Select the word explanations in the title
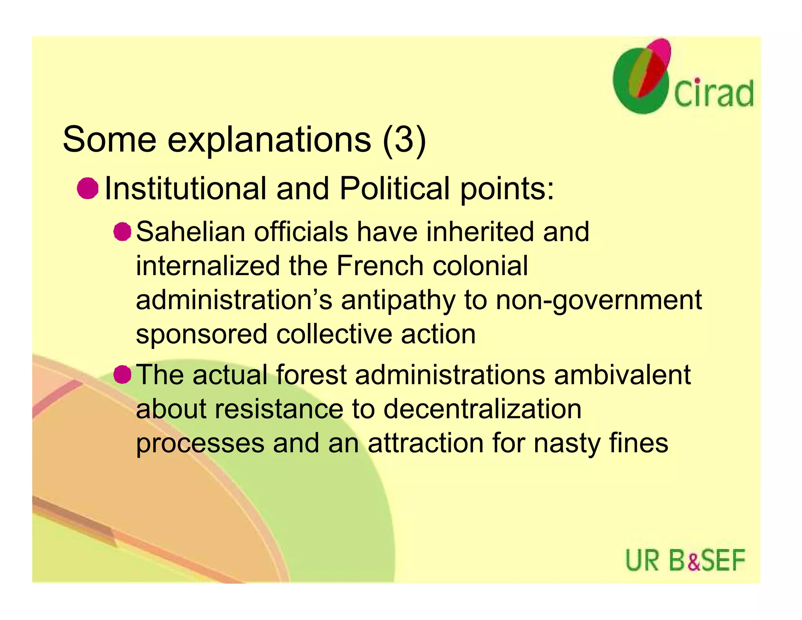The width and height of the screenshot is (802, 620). tap(269, 140)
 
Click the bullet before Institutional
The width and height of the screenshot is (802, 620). tap(87, 189)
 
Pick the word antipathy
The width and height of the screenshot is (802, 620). tap(398, 301)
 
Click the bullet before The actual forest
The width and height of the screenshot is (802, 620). tap(122, 375)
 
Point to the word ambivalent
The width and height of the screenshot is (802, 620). tap(622, 375)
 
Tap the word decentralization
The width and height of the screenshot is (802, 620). tap(482, 409)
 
